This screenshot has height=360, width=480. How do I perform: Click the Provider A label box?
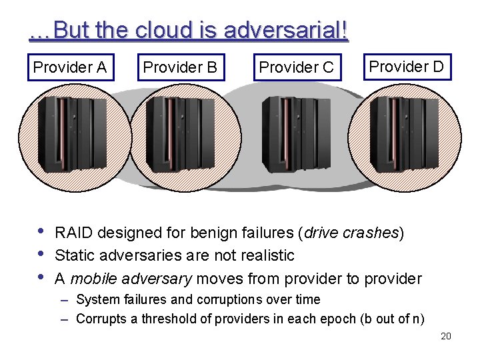70,67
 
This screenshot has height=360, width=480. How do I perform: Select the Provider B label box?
180,67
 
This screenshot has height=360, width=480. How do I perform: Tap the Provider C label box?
297,67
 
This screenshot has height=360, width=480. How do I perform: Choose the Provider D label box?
407,67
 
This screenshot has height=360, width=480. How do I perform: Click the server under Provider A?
67,133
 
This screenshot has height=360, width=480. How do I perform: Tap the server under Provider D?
404,133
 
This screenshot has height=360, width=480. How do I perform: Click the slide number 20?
446,336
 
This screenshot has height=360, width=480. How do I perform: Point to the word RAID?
75,233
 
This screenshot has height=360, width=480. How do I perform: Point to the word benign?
214,233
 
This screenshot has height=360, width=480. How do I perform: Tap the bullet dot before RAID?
42,233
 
